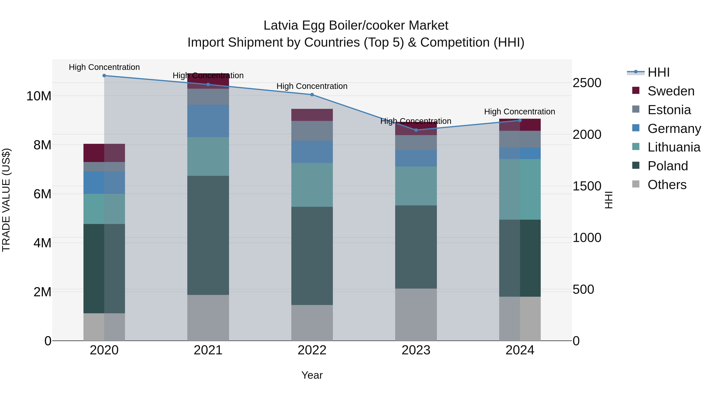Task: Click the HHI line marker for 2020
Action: [x=104, y=76]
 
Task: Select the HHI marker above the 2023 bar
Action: [x=416, y=130]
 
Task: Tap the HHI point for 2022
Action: [x=312, y=95]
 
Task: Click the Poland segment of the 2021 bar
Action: [x=208, y=235]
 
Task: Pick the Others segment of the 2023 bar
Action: [x=416, y=315]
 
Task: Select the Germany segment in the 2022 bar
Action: [x=312, y=152]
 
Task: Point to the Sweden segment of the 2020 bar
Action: [x=104, y=153]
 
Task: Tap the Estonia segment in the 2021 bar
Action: [x=208, y=97]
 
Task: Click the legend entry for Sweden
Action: [x=671, y=91]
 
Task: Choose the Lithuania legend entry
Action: [x=674, y=147]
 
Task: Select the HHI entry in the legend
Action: [x=658, y=72]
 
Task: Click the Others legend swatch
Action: [x=636, y=184]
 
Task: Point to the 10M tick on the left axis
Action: [x=39, y=96]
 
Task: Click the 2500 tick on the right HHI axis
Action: [x=587, y=83]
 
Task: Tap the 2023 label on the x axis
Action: [x=416, y=350]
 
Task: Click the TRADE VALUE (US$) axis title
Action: [x=6, y=200]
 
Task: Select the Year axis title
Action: [x=312, y=375]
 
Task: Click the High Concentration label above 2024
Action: [x=520, y=112]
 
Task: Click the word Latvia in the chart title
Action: [x=281, y=25]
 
